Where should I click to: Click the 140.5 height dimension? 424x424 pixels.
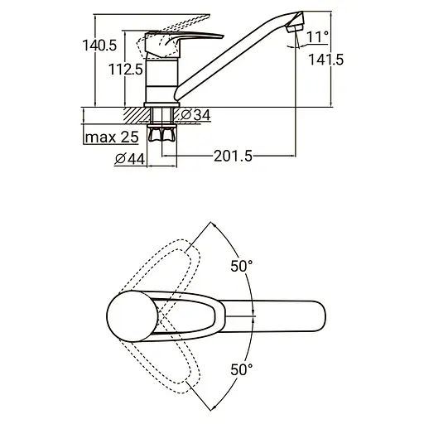[x=99, y=46]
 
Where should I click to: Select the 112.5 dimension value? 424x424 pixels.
[x=126, y=70]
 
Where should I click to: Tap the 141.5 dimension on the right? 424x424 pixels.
[x=326, y=60]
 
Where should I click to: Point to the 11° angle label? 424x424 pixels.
[x=318, y=37]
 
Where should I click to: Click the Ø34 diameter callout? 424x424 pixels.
[x=196, y=115]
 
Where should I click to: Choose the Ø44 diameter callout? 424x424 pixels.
[x=130, y=159]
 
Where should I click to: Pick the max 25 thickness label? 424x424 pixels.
[x=112, y=137]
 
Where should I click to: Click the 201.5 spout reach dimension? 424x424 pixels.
[x=234, y=157]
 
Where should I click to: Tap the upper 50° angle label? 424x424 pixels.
[x=242, y=267]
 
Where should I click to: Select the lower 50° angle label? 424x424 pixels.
[x=242, y=369]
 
